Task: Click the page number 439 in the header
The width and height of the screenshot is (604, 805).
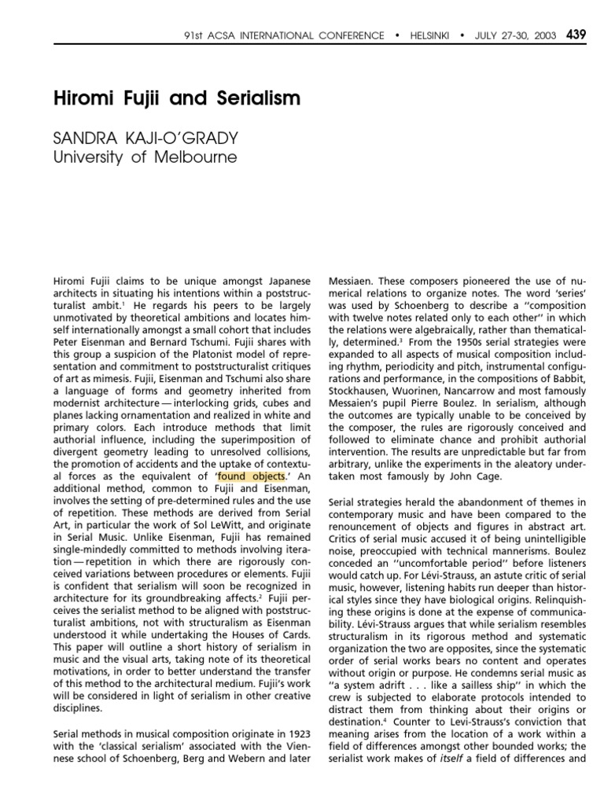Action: click(x=576, y=35)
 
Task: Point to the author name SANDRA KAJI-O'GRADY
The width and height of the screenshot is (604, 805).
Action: click(x=145, y=138)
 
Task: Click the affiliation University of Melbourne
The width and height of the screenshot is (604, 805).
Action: click(x=145, y=157)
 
